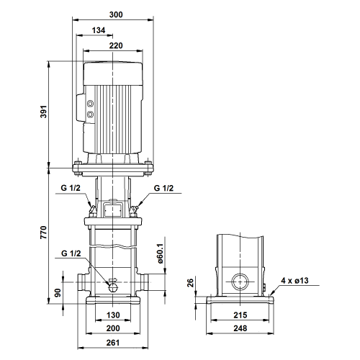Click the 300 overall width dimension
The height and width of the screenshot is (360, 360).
click(x=116, y=14)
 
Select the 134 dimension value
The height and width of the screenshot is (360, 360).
click(x=99, y=30)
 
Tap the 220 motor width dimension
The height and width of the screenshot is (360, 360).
click(x=116, y=45)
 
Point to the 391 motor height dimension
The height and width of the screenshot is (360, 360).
click(x=43, y=112)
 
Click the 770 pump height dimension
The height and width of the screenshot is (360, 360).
click(x=43, y=232)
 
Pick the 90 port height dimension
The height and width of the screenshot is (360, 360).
click(x=58, y=292)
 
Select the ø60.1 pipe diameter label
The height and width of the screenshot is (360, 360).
click(x=161, y=253)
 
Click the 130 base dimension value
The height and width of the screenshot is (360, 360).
click(x=113, y=315)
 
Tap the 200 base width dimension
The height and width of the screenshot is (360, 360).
click(x=113, y=328)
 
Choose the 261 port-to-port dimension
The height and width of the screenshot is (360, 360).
click(x=113, y=343)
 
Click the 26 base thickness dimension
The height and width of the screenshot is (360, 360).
click(x=190, y=283)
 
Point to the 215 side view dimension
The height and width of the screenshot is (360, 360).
click(x=240, y=315)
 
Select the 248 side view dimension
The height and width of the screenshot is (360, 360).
click(x=240, y=328)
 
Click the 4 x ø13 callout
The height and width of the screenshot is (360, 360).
click(x=294, y=280)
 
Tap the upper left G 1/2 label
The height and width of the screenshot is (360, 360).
click(x=71, y=188)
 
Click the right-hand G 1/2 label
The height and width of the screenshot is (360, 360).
click(x=163, y=188)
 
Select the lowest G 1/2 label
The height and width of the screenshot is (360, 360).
click(x=71, y=253)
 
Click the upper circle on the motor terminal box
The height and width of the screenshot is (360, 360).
click(x=90, y=104)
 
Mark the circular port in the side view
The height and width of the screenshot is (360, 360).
click(x=240, y=282)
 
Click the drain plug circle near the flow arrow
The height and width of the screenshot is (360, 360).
click(x=112, y=287)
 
